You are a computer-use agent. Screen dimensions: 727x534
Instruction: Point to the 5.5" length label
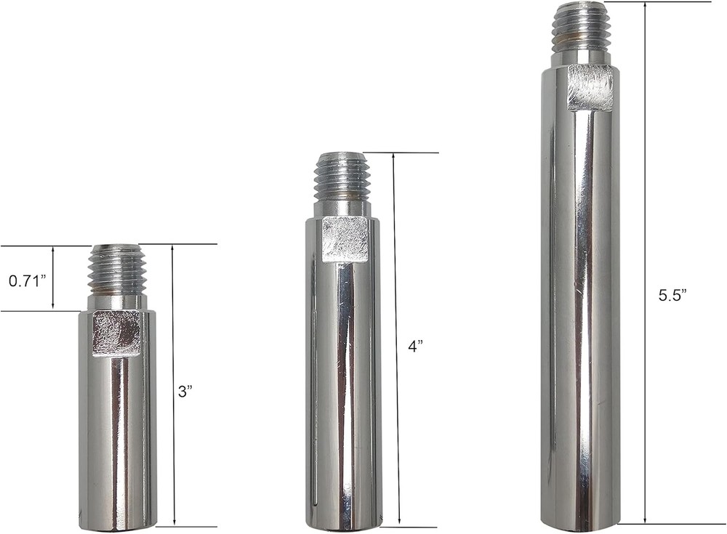672,295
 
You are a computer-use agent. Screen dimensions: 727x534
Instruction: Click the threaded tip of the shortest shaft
117,269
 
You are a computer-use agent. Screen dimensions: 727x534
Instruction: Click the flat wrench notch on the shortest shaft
116,333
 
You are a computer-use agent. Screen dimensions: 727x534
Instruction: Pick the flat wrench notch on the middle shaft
345,239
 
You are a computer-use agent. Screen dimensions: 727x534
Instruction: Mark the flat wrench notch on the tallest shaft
590,87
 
